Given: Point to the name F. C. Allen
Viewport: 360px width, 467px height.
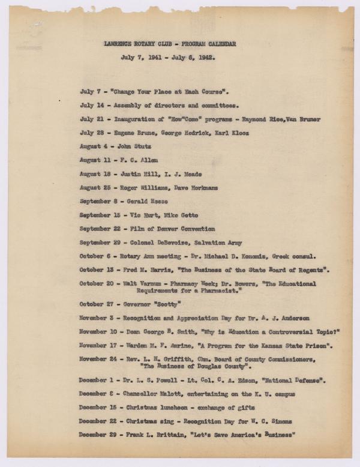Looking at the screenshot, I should point(139,160).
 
